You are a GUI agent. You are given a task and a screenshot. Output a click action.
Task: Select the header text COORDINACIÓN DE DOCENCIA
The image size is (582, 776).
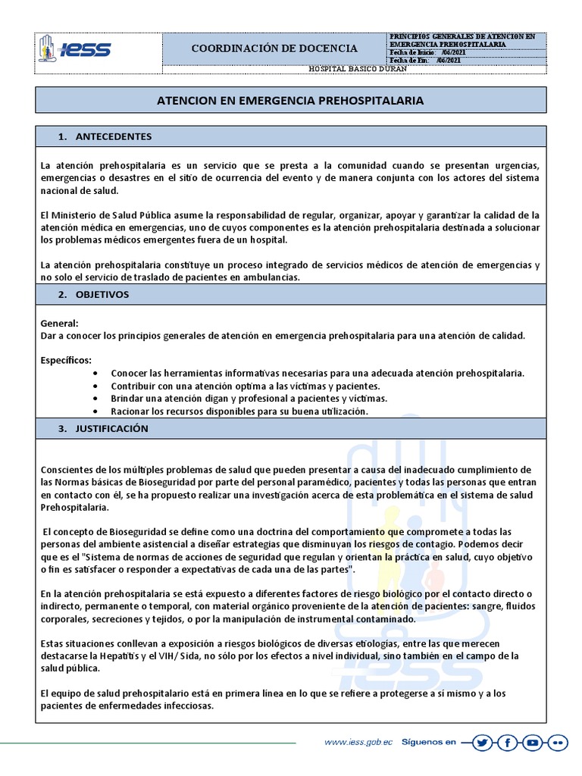[274, 48]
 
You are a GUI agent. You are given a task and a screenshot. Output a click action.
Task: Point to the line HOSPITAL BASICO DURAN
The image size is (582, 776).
[358, 69]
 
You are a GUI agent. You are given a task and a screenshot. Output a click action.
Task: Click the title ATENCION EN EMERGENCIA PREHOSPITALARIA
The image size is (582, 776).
[290, 100]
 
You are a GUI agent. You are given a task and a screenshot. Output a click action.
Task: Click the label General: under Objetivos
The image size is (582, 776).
[60, 323]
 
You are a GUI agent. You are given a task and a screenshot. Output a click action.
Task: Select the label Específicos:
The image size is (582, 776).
[67, 360]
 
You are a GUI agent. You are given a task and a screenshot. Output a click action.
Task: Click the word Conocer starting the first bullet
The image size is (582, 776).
[130, 374]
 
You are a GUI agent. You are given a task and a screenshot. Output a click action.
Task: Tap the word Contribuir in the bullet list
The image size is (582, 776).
[134, 386]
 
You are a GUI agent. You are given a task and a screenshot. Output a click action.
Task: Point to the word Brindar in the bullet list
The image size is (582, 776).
[128, 399]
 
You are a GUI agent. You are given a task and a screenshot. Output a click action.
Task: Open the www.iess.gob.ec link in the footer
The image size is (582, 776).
[358, 743]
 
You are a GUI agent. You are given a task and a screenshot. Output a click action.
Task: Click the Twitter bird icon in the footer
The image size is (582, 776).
[482, 743]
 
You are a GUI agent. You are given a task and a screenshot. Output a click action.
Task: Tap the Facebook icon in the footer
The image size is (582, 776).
[507, 743]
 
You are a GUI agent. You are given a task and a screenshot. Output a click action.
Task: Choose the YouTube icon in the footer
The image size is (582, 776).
[532, 743]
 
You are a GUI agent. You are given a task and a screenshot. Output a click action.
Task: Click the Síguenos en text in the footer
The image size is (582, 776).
[428, 743]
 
